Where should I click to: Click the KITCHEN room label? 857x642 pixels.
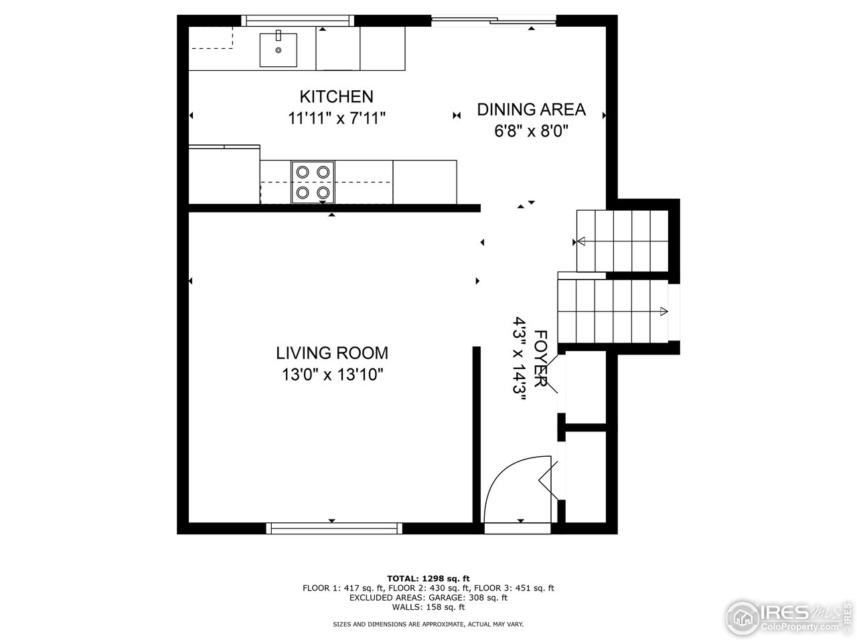336,96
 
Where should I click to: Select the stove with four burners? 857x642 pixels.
313,182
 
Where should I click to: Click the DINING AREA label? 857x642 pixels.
531,110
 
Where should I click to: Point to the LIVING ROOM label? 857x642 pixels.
332,352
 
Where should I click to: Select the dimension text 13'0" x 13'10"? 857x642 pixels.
332,374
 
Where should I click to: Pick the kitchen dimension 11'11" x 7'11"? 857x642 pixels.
336,118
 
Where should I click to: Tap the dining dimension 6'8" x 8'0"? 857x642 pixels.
531,131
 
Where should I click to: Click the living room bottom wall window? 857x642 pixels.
334,528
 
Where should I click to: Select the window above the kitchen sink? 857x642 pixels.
298,21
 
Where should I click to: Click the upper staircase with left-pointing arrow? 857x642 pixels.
622,241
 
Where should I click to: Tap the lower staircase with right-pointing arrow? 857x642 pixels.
613,310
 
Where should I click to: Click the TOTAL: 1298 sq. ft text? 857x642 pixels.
428,578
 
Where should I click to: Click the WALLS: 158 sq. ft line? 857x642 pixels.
428,607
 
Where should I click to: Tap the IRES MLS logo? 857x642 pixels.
791,615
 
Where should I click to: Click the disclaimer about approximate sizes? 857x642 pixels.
428,624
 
